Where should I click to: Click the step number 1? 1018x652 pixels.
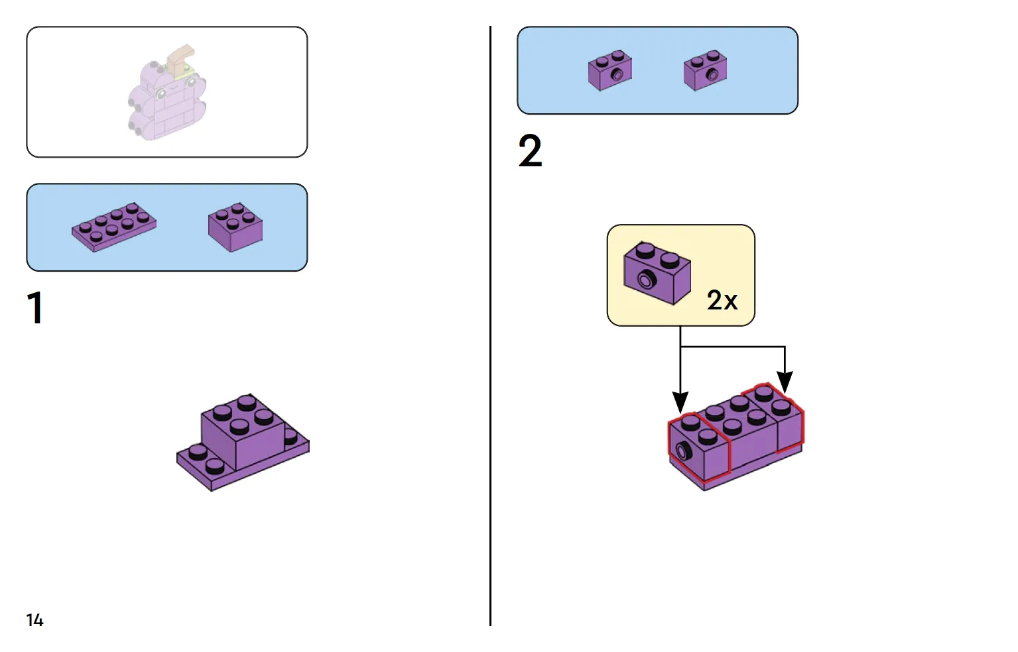point(35,307)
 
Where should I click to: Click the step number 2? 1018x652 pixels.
point(530,151)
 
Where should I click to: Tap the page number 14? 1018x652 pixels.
point(34,620)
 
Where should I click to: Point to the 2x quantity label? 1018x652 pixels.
point(722,300)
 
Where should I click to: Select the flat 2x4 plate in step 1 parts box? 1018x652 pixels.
point(114,227)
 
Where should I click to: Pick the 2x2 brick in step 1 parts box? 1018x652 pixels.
point(235,227)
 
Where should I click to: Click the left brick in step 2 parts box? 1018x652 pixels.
point(609,70)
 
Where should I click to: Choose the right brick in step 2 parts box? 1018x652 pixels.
point(705,70)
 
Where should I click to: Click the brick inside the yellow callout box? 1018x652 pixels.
point(657,272)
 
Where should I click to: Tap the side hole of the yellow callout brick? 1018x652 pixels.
point(645,280)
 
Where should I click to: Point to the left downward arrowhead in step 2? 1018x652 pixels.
point(680,402)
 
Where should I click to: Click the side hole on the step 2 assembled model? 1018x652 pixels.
point(682,452)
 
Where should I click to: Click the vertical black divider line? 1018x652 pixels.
point(490,331)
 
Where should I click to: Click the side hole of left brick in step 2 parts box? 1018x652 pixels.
point(617,75)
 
